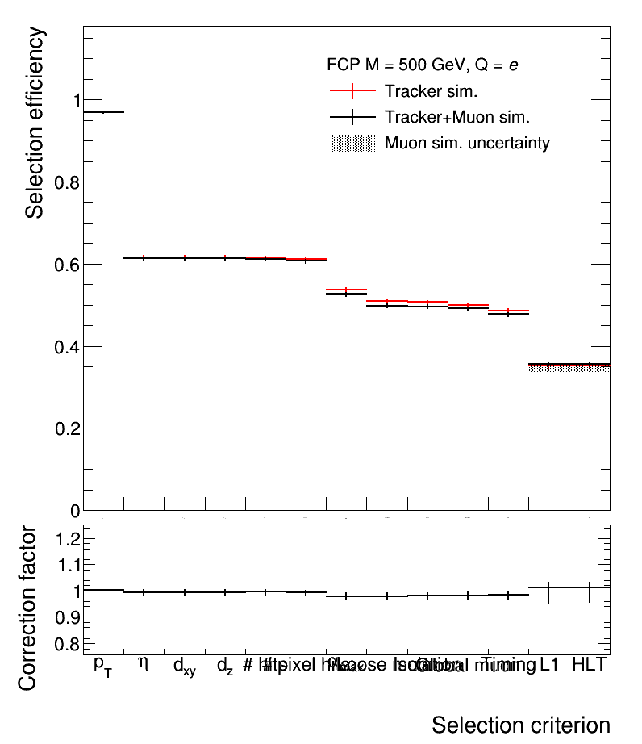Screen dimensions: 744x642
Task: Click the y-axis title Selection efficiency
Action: (35, 123)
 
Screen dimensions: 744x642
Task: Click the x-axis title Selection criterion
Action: (520, 725)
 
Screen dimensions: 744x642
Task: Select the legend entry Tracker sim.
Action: (436, 90)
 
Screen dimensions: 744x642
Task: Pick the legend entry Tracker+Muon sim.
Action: (456, 117)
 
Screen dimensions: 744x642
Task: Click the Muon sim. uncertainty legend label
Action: (467, 144)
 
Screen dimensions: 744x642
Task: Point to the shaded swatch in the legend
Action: (352, 144)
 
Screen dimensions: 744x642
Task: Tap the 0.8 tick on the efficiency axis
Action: (67, 182)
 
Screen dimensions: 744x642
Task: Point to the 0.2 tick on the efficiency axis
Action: (67, 428)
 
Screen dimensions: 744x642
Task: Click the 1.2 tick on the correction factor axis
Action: (67, 538)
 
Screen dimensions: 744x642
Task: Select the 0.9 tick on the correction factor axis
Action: (67, 617)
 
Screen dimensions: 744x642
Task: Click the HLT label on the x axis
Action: (589, 665)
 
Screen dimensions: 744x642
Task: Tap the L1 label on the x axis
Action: (549, 665)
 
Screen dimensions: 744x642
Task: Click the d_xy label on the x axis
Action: (185, 667)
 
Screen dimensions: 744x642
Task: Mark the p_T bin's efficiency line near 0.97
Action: (104, 112)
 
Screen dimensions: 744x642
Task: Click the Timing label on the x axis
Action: (508, 666)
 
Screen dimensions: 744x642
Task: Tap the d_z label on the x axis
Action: (225, 667)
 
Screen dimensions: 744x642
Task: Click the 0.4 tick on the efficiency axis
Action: (67, 346)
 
